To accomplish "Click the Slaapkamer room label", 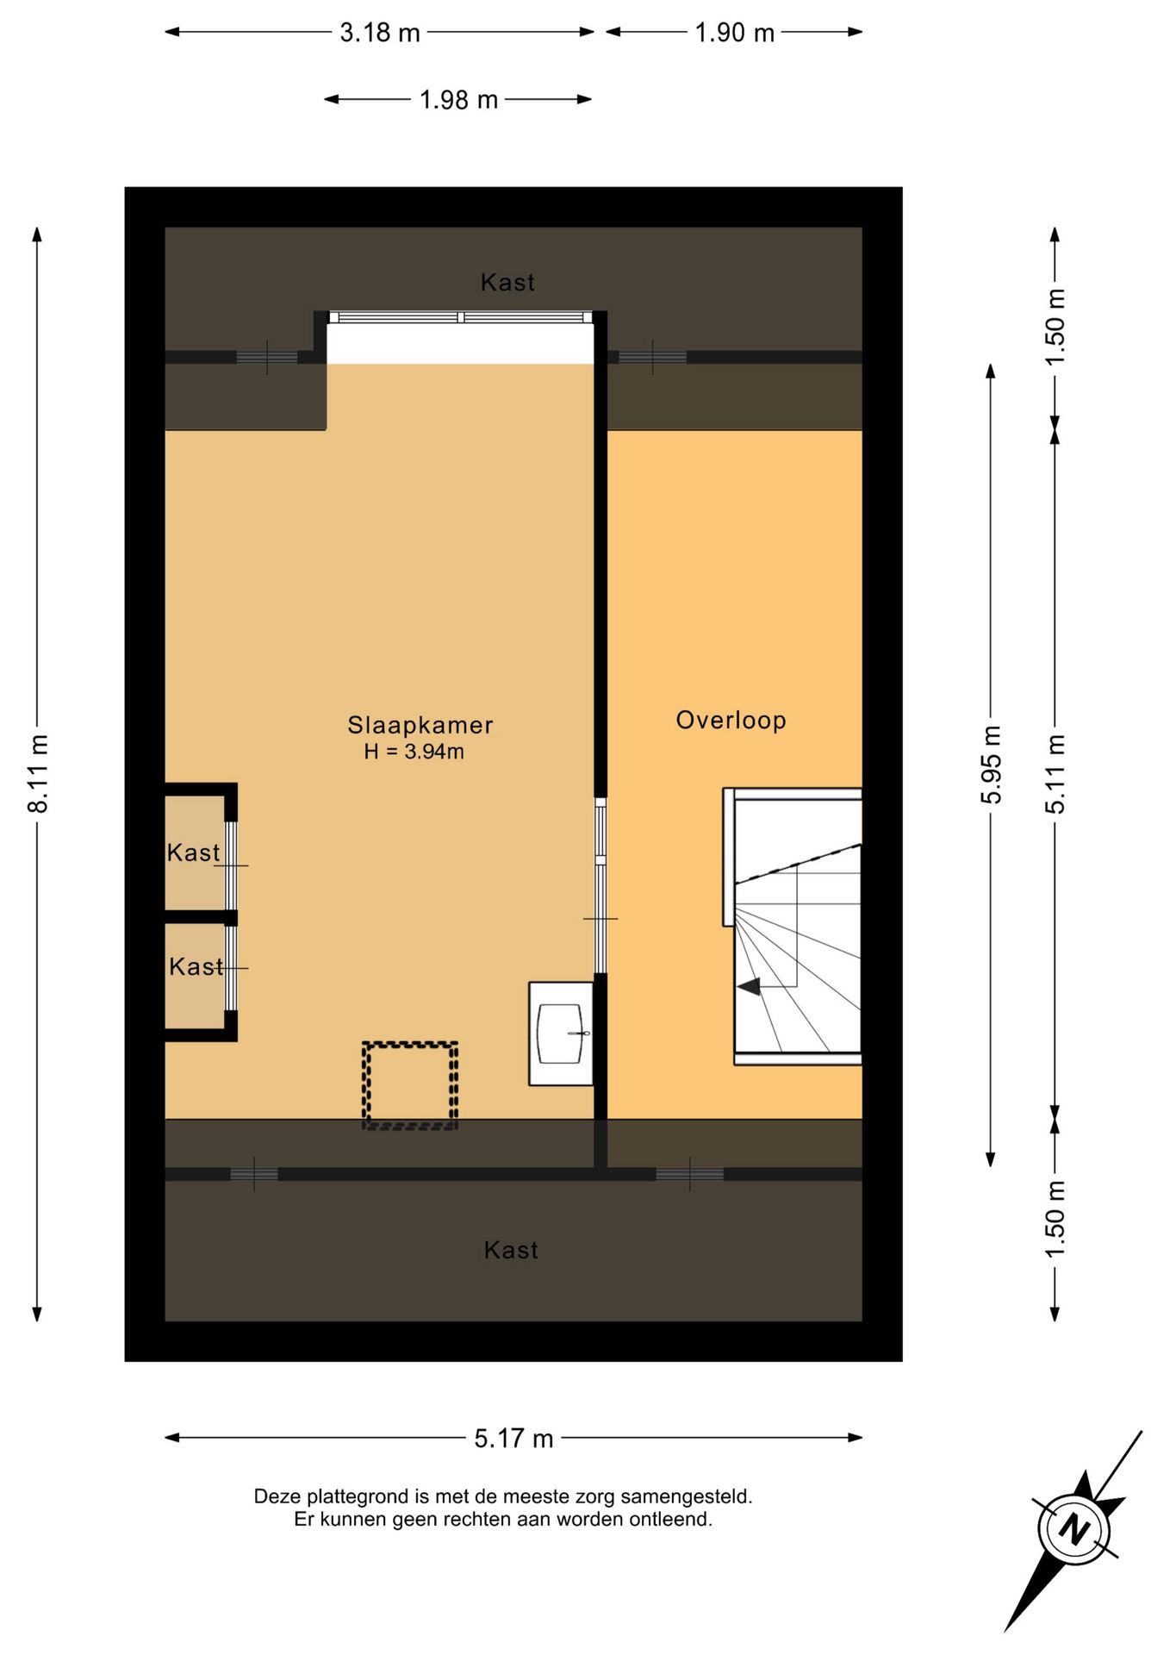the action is coord(420,725).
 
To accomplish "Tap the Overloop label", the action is coord(731,720).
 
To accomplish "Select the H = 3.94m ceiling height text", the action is coord(414,752).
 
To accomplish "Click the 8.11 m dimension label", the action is coord(39,773).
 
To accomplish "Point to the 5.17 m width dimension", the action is coord(513,1438).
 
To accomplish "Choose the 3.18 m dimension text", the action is coord(380,33).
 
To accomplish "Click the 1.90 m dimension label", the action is coord(735,33).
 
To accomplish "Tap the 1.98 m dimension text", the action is coord(458,100).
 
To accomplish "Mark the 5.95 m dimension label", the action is coord(992,765).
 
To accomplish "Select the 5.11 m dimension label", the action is coord(1055,774).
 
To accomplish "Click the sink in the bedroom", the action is coord(561,1034).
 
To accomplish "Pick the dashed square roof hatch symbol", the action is coord(410,1085).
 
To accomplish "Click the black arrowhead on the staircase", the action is coord(749,987).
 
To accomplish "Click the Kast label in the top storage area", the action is coord(507,282).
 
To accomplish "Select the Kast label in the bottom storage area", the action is coord(511,1250).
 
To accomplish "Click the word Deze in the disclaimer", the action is coord(277,1496).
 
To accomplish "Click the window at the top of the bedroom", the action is coord(461,317).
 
